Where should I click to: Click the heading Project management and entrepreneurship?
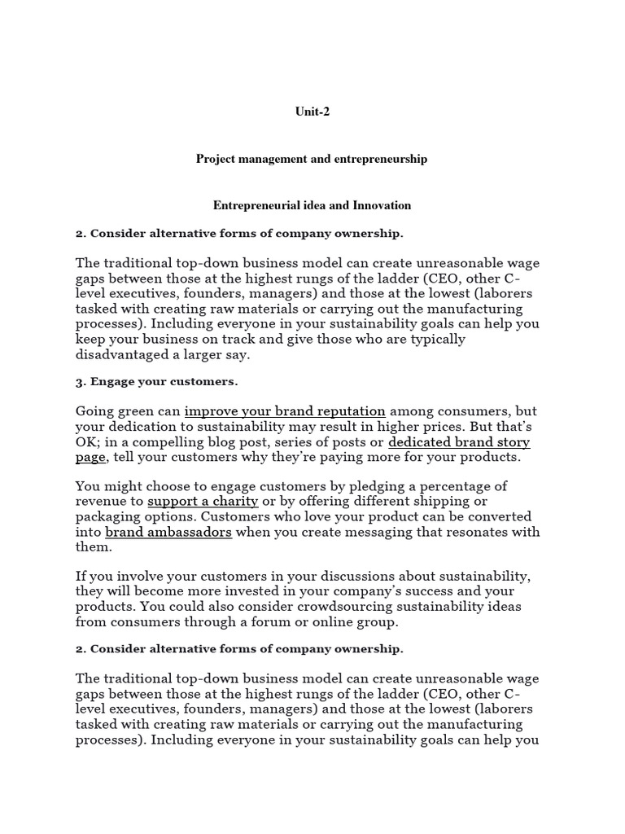[312, 160]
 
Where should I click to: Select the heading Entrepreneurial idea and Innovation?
[312, 206]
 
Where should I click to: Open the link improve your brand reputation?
[285, 411]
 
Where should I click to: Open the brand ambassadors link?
[168, 532]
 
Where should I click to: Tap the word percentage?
[473, 486]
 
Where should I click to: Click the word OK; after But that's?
[87, 442]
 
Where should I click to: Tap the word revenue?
[102, 502]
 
